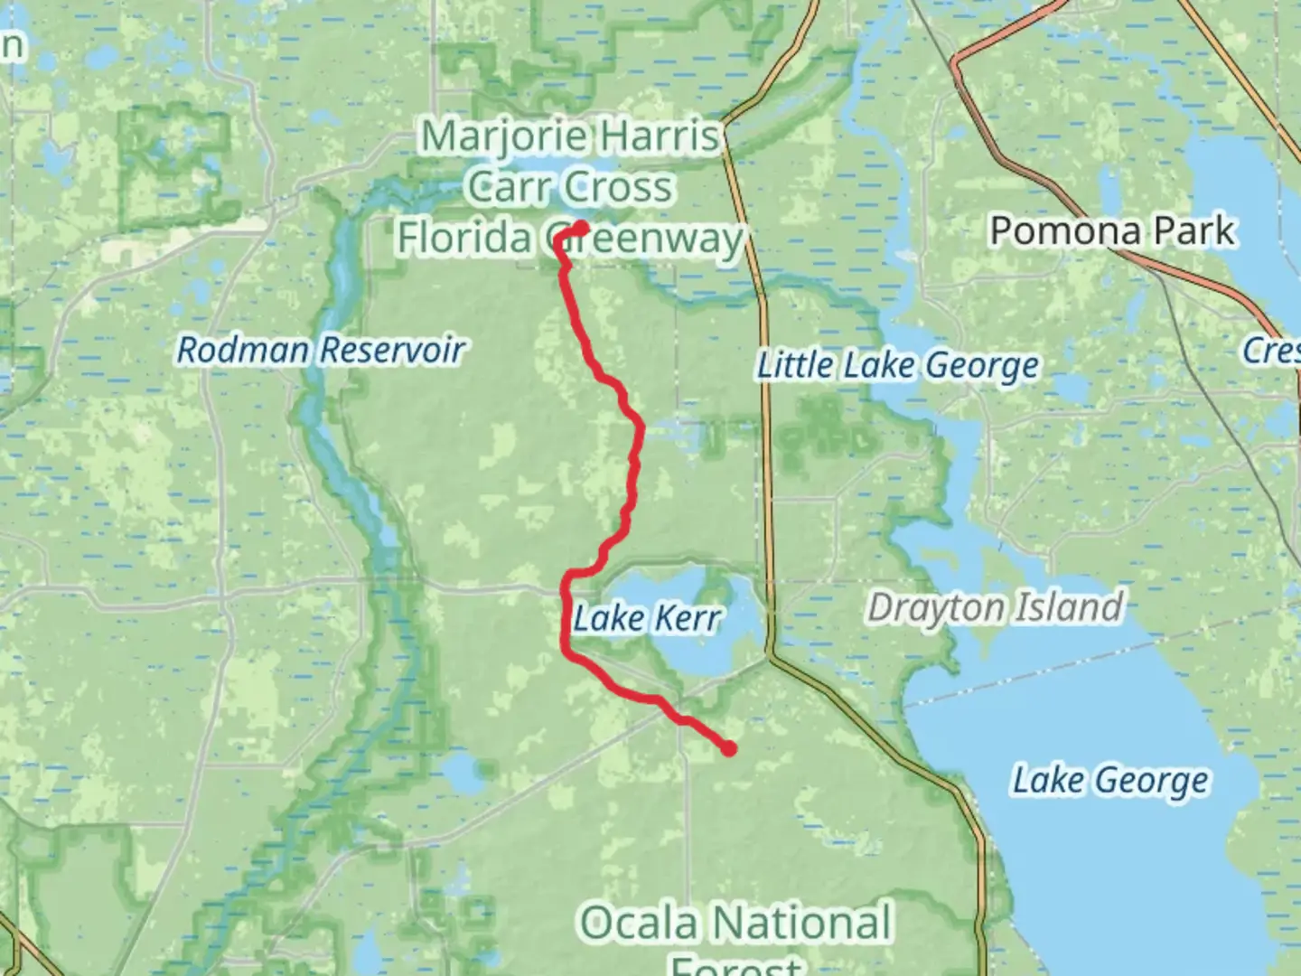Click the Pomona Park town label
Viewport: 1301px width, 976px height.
point(1111,231)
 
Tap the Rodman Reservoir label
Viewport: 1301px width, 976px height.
point(321,350)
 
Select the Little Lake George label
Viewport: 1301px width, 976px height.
point(898,366)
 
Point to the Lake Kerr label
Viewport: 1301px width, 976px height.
point(647,619)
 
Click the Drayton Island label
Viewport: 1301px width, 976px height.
point(995,607)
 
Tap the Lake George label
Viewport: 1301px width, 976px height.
point(1109,780)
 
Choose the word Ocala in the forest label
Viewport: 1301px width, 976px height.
point(640,924)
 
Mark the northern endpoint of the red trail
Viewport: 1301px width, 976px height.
point(583,227)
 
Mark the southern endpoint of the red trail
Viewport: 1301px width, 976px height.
point(728,747)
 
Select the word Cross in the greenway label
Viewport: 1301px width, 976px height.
point(621,187)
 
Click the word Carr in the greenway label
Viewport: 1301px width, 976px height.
point(505,187)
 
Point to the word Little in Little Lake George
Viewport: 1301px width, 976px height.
point(795,366)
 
